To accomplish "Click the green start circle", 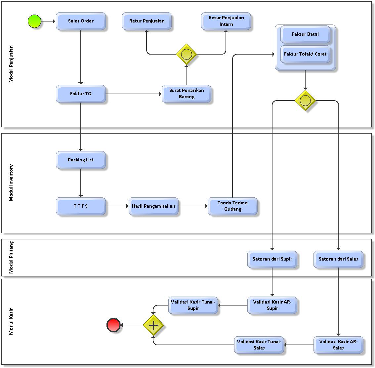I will (x=34, y=21).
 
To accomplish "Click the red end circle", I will (x=113, y=325).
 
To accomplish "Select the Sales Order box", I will (x=81, y=21).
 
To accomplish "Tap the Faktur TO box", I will (x=81, y=94).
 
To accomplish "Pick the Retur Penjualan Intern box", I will (x=226, y=21).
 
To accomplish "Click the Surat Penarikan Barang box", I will (x=187, y=94).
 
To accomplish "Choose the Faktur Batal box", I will (x=305, y=34).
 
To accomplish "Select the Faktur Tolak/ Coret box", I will (x=305, y=54).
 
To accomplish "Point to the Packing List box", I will (x=81, y=160).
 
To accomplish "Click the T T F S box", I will (x=81, y=206).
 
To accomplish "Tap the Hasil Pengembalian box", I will (x=153, y=206).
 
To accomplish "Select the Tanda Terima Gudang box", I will (x=232, y=206).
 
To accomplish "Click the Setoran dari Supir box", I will (x=272, y=259).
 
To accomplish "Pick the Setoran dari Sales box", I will (x=338, y=259).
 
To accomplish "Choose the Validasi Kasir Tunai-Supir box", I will (x=193, y=305).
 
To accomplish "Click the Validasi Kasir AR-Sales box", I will (x=338, y=345).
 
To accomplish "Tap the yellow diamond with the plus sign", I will (x=153, y=325).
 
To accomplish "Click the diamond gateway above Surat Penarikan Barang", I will (x=187, y=54).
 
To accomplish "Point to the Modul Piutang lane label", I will (x=11, y=258).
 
